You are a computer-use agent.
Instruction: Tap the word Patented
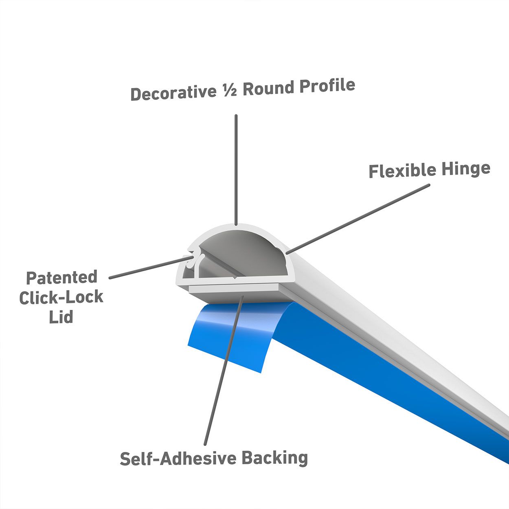pyautogui.click(x=61, y=278)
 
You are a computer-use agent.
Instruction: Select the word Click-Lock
pyautogui.click(x=61, y=298)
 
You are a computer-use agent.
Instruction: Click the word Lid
pyautogui.click(x=61, y=317)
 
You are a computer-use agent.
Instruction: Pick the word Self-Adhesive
pyautogui.click(x=178, y=459)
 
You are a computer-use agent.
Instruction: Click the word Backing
pyautogui.click(x=274, y=458)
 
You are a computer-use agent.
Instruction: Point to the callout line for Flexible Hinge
pyautogui.click(x=358, y=218)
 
